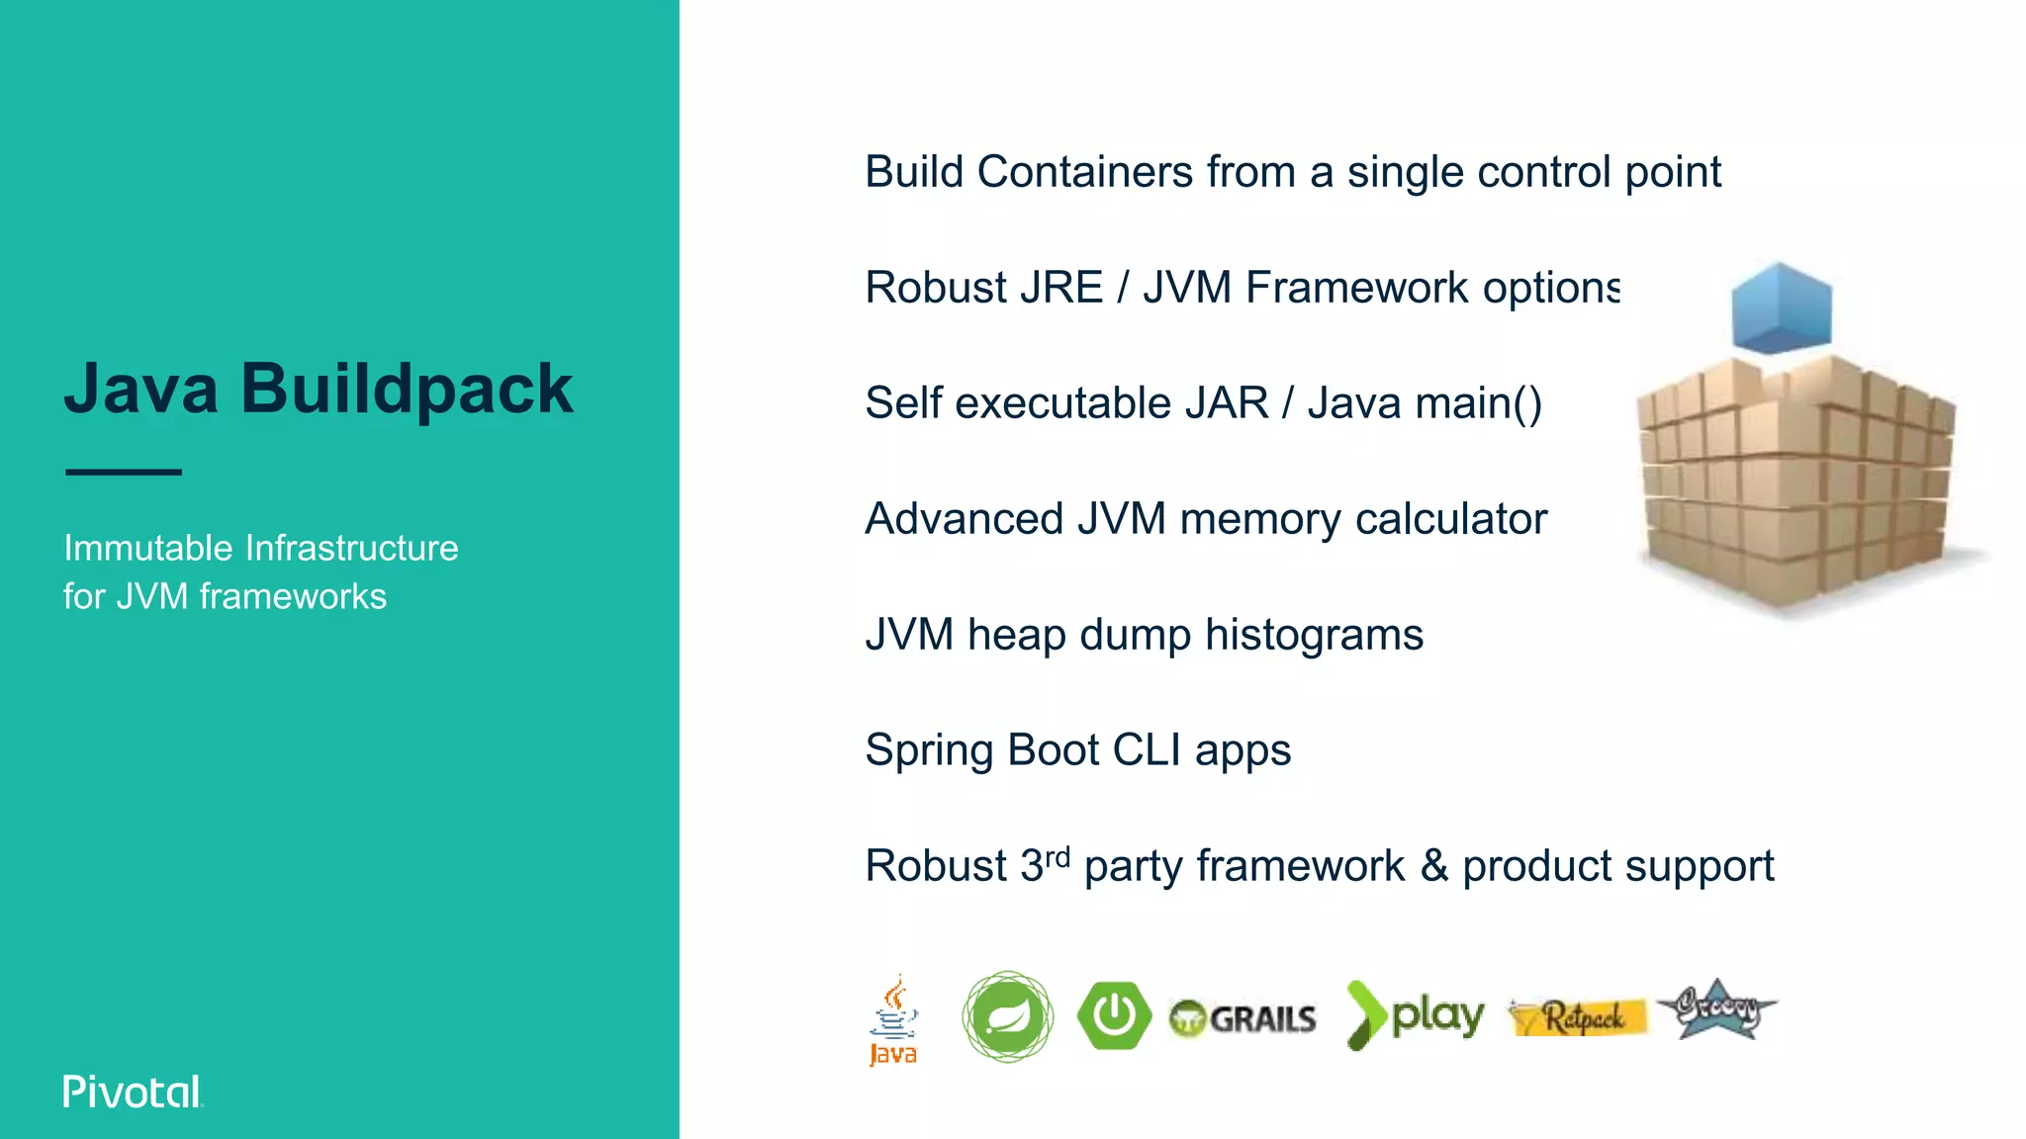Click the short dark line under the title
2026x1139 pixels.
(124, 473)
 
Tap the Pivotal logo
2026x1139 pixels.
(133, 1092)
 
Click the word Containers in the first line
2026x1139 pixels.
(1084, 172)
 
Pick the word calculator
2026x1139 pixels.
(1450, 519)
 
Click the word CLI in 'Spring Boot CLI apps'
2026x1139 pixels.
(1147, 749)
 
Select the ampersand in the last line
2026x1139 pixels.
(1434, 866)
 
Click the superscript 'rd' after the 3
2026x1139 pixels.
(1058, 856)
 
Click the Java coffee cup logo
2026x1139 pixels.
(893, 1018)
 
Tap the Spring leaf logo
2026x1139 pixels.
(1007, 1016)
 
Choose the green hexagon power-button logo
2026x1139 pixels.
(1114, 1015)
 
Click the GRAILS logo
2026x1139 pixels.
(1243, 1018)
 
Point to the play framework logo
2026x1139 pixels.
(1415, 1015)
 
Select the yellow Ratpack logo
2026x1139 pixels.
(1578, 1016)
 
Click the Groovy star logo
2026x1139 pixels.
(1717, 1009)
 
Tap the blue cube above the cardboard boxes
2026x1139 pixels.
(1781, 308)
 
